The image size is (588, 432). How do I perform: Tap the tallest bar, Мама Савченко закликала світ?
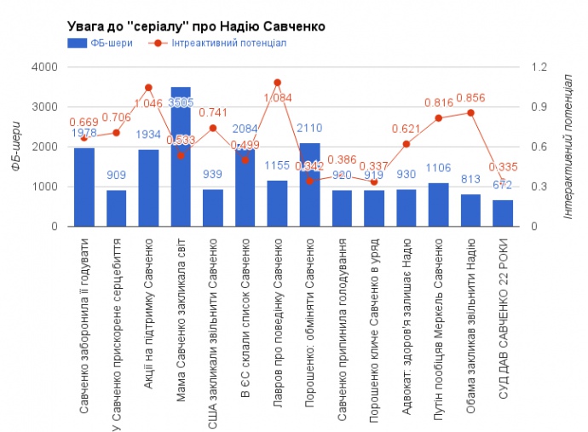pos(181,158)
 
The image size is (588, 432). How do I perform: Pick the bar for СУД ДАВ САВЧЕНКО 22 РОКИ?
pos(504,213)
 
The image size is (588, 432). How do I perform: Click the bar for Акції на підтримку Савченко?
pos(148,188)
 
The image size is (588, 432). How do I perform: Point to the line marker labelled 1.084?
pos(278,83)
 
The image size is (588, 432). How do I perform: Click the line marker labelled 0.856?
pos(471,112)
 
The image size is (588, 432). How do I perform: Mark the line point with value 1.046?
pos(148,88)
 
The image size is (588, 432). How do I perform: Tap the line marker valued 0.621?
pos(406,144)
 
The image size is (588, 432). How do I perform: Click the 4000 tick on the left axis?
pos(44,67)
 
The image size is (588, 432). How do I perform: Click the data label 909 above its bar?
pos(117,176)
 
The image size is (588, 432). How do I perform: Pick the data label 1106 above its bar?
pos(439,168)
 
